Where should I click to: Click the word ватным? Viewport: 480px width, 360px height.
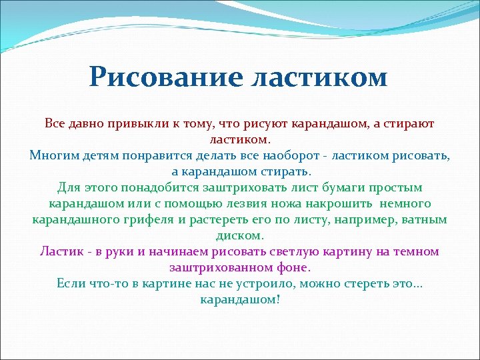pyautogui.click(x=425, y=220)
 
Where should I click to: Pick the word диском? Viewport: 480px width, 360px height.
pyautogui.click(x=240, y=236)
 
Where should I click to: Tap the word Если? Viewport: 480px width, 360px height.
pyautogui.click(x=70, y=284)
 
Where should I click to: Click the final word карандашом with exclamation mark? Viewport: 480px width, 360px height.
pyautogui.click(x=240, y=300)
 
